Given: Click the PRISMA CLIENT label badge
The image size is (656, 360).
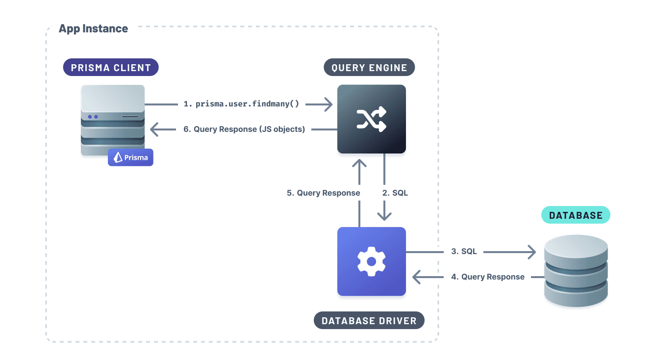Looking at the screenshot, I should click(x=111, y=68).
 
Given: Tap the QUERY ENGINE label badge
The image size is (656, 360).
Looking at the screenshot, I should click(x=369, y=68).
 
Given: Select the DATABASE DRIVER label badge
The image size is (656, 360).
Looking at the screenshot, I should click(x=369, y=321).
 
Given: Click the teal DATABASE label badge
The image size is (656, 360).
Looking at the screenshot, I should click(x=576, y=215).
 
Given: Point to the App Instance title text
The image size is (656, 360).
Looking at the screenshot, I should click(x=93, y=28).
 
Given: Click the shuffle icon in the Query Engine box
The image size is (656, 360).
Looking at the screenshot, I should click(x=371, y=119).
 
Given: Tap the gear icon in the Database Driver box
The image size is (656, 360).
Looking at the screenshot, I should click(x=371, y=261).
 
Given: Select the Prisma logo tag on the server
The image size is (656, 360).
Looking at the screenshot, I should click(x=130, y=157).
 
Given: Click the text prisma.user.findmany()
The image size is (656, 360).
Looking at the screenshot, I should click(x=247, y=104).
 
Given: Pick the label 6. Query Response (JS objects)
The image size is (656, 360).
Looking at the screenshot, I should click(x=244, y=129).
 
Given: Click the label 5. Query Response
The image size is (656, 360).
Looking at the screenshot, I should click(x=324, y=193).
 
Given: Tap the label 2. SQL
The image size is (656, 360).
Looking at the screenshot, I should click(x=395, y=193).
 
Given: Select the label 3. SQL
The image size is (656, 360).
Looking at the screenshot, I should click(x=464, y=252).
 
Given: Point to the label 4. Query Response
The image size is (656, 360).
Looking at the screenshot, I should click(x=488, y=277).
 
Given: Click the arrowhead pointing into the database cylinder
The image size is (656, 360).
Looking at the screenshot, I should click(x=531, y=252).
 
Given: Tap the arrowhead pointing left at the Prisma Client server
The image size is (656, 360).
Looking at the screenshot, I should click(x=155, y=129).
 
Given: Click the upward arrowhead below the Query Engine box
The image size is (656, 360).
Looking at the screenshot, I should click(x=359, y=164).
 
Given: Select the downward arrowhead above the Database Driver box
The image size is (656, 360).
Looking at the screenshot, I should click(x=383, y=215).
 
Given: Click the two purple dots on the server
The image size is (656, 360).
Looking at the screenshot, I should click(x=93, y=117).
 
